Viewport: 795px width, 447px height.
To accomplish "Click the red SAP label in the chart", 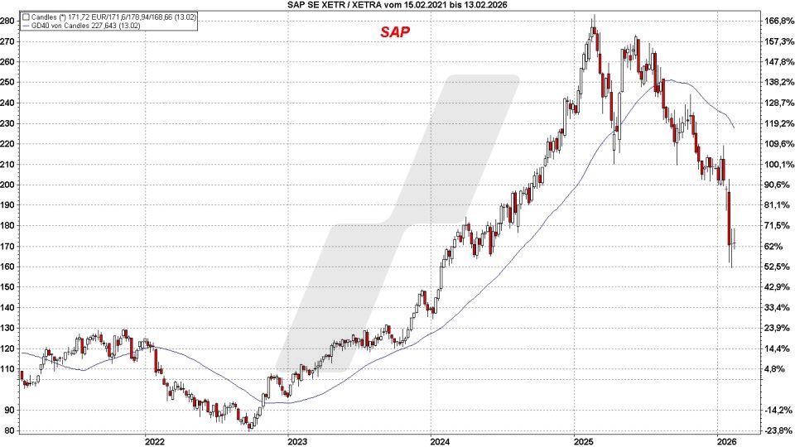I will point(395,32).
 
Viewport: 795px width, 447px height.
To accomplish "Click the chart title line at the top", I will point(397,6).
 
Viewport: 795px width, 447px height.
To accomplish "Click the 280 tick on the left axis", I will point(10,21).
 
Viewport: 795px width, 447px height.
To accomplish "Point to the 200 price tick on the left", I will point(10,185).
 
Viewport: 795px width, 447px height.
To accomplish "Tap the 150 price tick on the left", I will point(10,286).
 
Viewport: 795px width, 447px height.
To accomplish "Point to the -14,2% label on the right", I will point(778,410).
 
